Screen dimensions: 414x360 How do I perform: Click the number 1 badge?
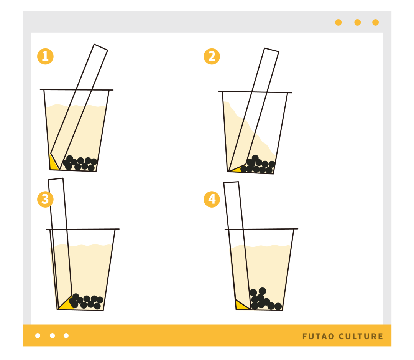45,56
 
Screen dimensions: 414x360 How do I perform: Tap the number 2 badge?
212,56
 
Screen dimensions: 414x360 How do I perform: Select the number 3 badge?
45,199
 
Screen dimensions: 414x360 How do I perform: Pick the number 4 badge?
212,199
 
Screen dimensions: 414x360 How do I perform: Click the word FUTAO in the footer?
318,336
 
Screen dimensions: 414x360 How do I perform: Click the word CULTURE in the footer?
361,336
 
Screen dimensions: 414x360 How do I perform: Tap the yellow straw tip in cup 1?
54,163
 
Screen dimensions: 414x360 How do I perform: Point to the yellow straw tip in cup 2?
236,169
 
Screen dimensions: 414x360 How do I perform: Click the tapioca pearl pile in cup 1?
80,163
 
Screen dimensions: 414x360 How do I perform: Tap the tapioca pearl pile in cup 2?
258,164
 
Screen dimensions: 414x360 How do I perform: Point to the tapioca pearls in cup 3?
86,301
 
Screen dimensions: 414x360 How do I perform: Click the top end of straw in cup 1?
101,47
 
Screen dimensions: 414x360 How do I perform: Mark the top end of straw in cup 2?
272,50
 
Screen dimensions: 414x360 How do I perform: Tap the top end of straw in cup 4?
231,182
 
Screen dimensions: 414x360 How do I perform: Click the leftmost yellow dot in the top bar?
338,23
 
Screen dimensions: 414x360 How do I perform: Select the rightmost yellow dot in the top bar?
375,23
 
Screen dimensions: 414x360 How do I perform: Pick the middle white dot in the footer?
52,336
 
